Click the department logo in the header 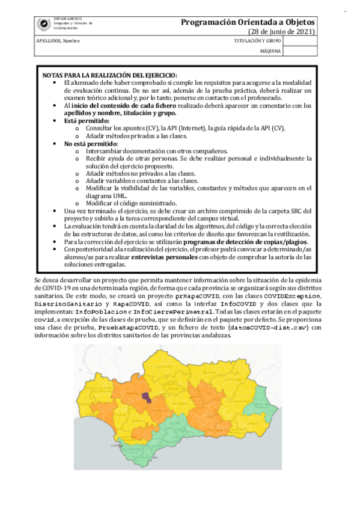[x=44, y=24]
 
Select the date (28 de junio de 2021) [x=282, y=31]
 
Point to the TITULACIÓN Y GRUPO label [x=257, y=41]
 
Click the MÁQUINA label [x=270, y=51]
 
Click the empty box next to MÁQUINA [x=299, y=51]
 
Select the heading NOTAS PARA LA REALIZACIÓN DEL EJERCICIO [x=101, y=75]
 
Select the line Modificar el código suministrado [x=125, y=203]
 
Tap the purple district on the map [x=146, y=398]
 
